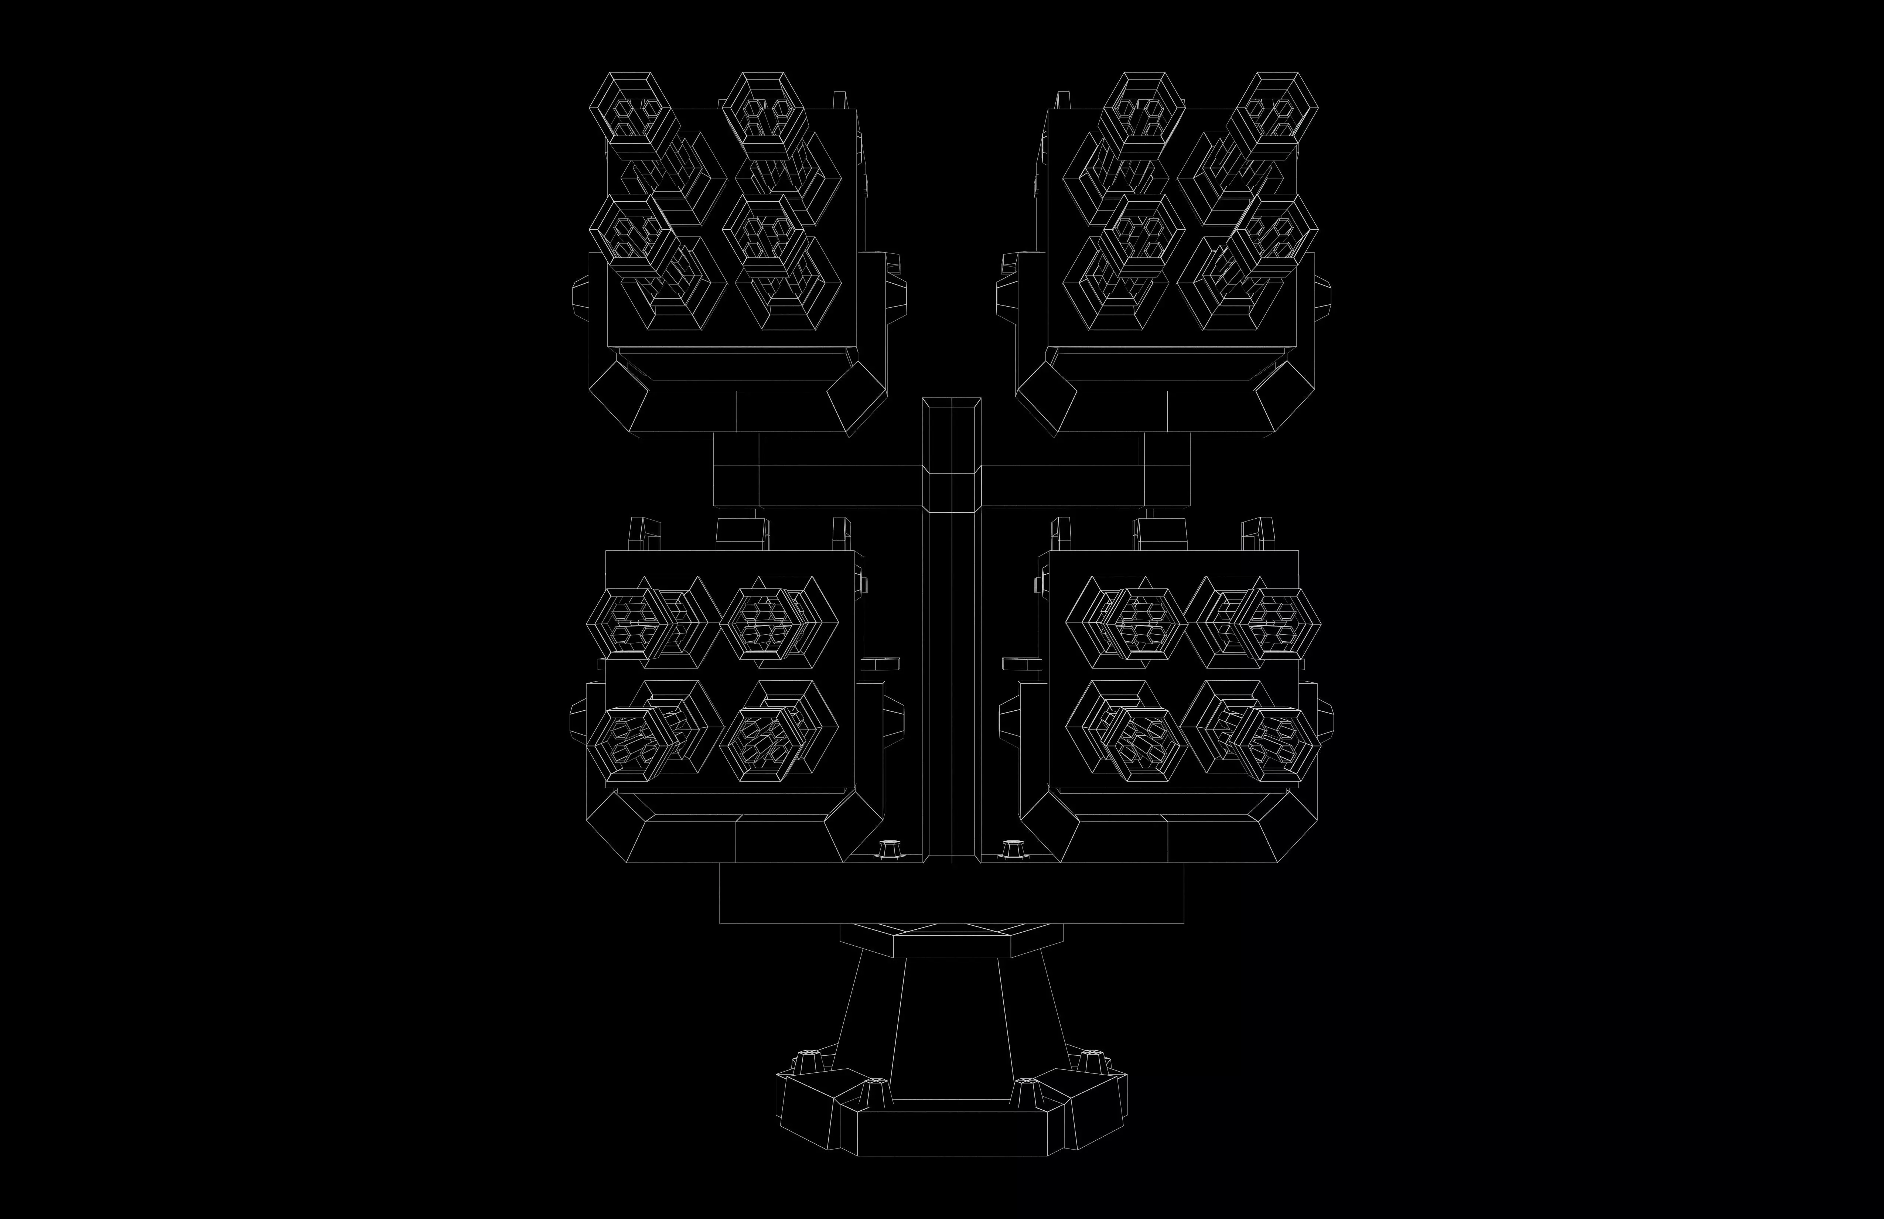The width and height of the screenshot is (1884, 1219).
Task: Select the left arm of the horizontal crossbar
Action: point(839,484)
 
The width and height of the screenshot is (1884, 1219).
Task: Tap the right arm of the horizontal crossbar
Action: point(1061,484)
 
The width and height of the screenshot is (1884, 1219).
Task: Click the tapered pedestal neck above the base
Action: point(951,1021)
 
